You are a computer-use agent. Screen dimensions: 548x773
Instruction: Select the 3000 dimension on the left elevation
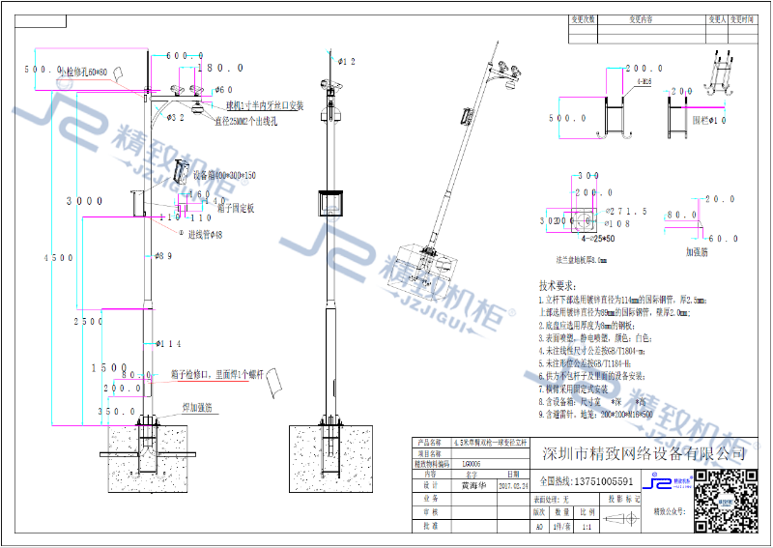pos(84,201)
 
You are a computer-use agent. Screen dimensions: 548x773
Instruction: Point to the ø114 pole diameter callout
pos(167,344)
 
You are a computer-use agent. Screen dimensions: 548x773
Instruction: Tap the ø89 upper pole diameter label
pos(163,256)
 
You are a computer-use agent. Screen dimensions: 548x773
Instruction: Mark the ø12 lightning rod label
pos(346,61)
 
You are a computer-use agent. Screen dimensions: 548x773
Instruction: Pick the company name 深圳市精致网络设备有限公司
pos(644,453)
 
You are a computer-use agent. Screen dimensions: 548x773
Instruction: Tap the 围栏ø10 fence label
pos(709,121)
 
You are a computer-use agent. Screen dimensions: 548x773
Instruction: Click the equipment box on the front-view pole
pos(331,205)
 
